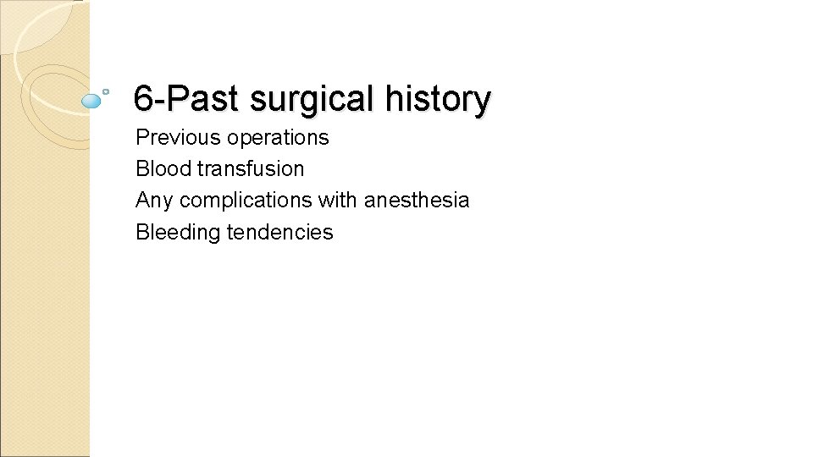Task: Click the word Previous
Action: [173, 137]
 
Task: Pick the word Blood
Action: [163, 168]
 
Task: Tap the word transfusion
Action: [251, 168]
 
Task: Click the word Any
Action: [154, 201]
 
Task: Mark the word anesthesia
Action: [417, 201]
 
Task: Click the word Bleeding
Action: [178, 232]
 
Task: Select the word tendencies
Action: [280, 232]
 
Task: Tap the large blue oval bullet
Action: [91, 101]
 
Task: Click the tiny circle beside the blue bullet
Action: [106, 91]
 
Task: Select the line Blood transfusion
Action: [219, 168]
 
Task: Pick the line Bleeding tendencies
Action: [235, 232]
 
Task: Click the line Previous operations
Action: [232, 137]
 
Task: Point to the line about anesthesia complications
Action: [302, 201]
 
